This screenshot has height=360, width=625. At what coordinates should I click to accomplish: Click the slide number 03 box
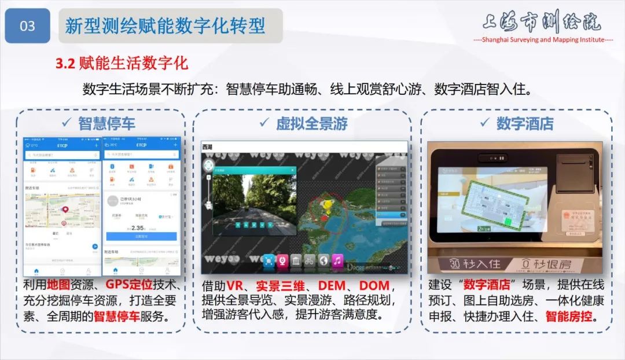pyautogui.click(x=27, y=26)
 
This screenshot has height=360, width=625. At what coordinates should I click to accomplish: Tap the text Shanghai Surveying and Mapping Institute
pyautogui.click(x=543, y=40)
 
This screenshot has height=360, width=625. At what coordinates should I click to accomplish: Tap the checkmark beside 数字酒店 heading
pyautogui.click(x=485, y=123)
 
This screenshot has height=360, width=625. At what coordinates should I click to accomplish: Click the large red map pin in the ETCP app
pyautogui.click(x=65, y=210)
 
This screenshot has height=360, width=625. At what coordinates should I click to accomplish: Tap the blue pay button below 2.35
pyautogui.click(x=141, y=237)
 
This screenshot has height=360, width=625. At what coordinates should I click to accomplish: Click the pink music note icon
pyautogui.click(x=337, y=260)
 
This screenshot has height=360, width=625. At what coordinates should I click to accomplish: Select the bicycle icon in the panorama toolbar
pyautogui.click(x=310, y=260)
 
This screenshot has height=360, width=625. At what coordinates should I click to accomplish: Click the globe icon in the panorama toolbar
pyautogui.click(x=323, y=260)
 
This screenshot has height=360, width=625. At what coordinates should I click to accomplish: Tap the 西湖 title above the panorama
pyautogui.click(x=207, y=146)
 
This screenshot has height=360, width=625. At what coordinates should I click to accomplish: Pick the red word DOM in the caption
pyautogui.click(x=374, y=285)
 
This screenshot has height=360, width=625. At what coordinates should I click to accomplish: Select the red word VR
pyautogui.click(x=234, y=285)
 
